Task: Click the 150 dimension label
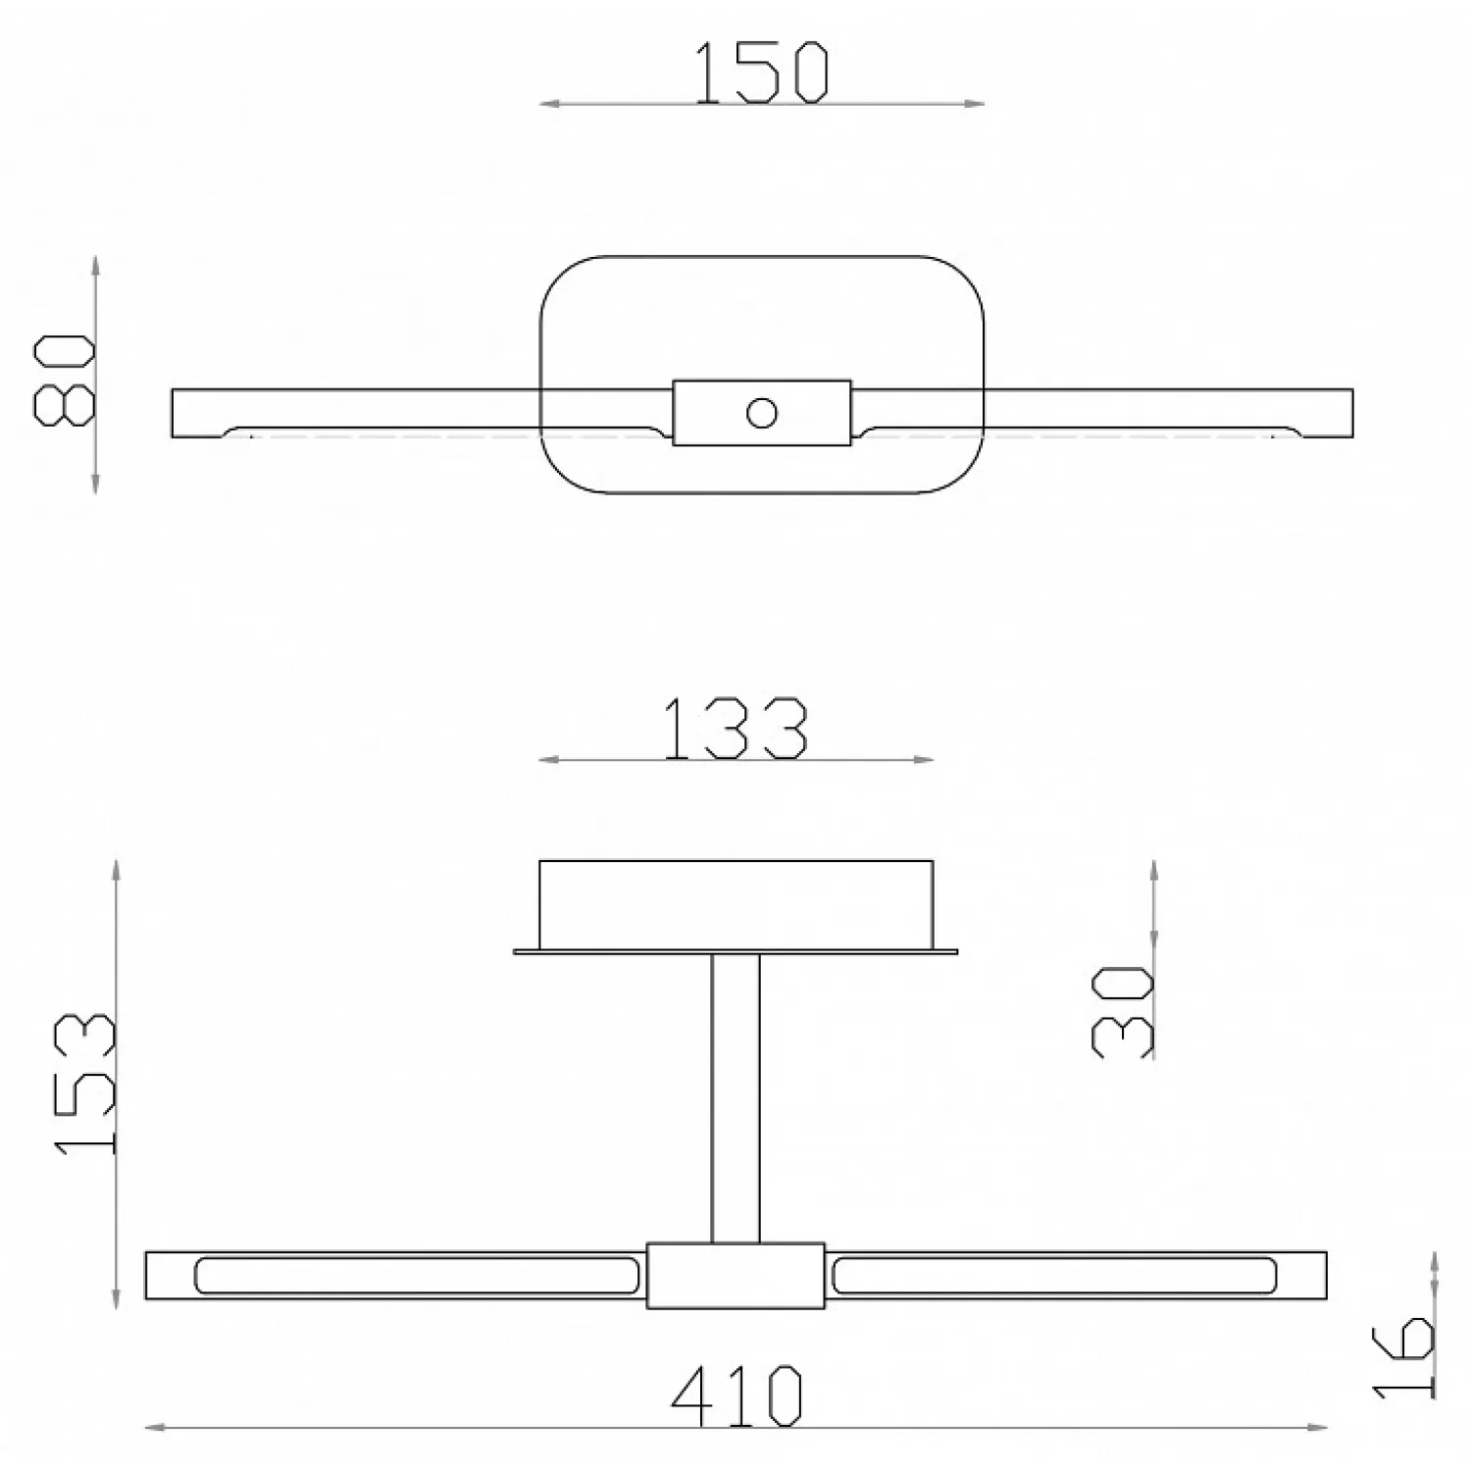(x=762, y=72)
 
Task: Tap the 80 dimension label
(x=65, y=381)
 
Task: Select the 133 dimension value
(x=735, y=729)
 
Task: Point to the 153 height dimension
(x=85, y=1084)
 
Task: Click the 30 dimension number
(x=1123, y=1010)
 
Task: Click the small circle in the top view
(x=761, y=413)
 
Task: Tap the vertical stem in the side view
(x=735, y=1098)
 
